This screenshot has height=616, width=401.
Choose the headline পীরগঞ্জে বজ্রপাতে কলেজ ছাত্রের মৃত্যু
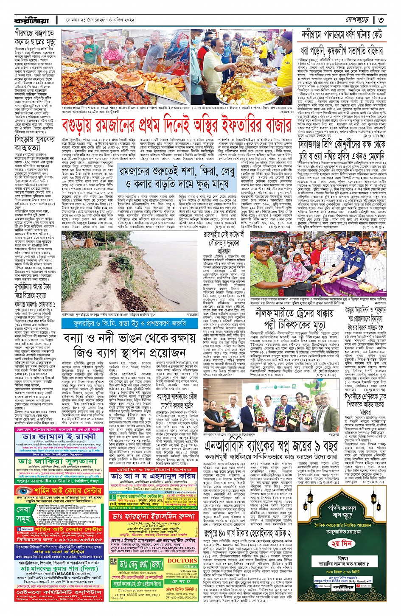[34, 37]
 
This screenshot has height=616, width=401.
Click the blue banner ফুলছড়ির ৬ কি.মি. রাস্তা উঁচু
[125, 324]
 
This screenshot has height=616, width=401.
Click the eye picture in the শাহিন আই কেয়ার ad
[21, 491]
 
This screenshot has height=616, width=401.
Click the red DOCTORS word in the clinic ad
[182, 560]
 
